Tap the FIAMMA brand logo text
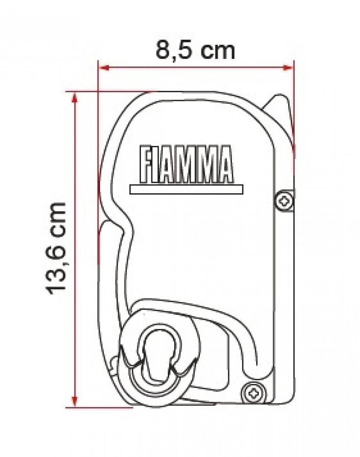point(186,164)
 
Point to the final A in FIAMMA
point(224,164)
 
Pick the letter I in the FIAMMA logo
point(156,164)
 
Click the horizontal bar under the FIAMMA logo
point(186,189)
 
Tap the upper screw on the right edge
point(284,200)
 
